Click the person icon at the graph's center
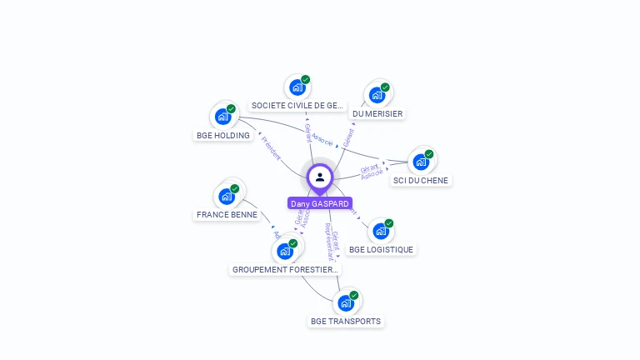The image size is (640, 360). tap(320, 177)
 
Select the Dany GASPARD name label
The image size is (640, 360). tap(320, 203)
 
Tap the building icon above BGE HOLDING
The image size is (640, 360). tap(222, 117)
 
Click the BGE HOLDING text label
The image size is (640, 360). tap(223, 135)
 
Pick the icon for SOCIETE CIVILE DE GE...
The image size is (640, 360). tap(297, 87)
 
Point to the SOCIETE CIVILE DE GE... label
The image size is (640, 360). tap(297, 106)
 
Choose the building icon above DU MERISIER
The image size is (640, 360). tap(377, 95)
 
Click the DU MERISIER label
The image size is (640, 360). tap(377, 113)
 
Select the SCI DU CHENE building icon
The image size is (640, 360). tap(421, 162)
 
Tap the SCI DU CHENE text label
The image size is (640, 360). tap(421, 180)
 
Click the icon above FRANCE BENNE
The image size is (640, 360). tap(226, 197)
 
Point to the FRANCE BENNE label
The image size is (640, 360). tap(227, 215)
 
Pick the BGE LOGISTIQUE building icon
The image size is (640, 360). tap(381, 231)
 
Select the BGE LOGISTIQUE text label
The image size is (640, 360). tap(381, 249)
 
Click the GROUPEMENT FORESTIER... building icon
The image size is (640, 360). tap(285, 251)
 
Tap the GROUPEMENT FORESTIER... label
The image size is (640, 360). tap(286, 270)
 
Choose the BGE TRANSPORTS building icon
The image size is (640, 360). tap(345, 303)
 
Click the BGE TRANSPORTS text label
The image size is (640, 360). tap(346, 321)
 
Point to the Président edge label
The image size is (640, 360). tap(272, 147)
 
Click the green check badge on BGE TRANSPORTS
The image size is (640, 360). tap(354, 295)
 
